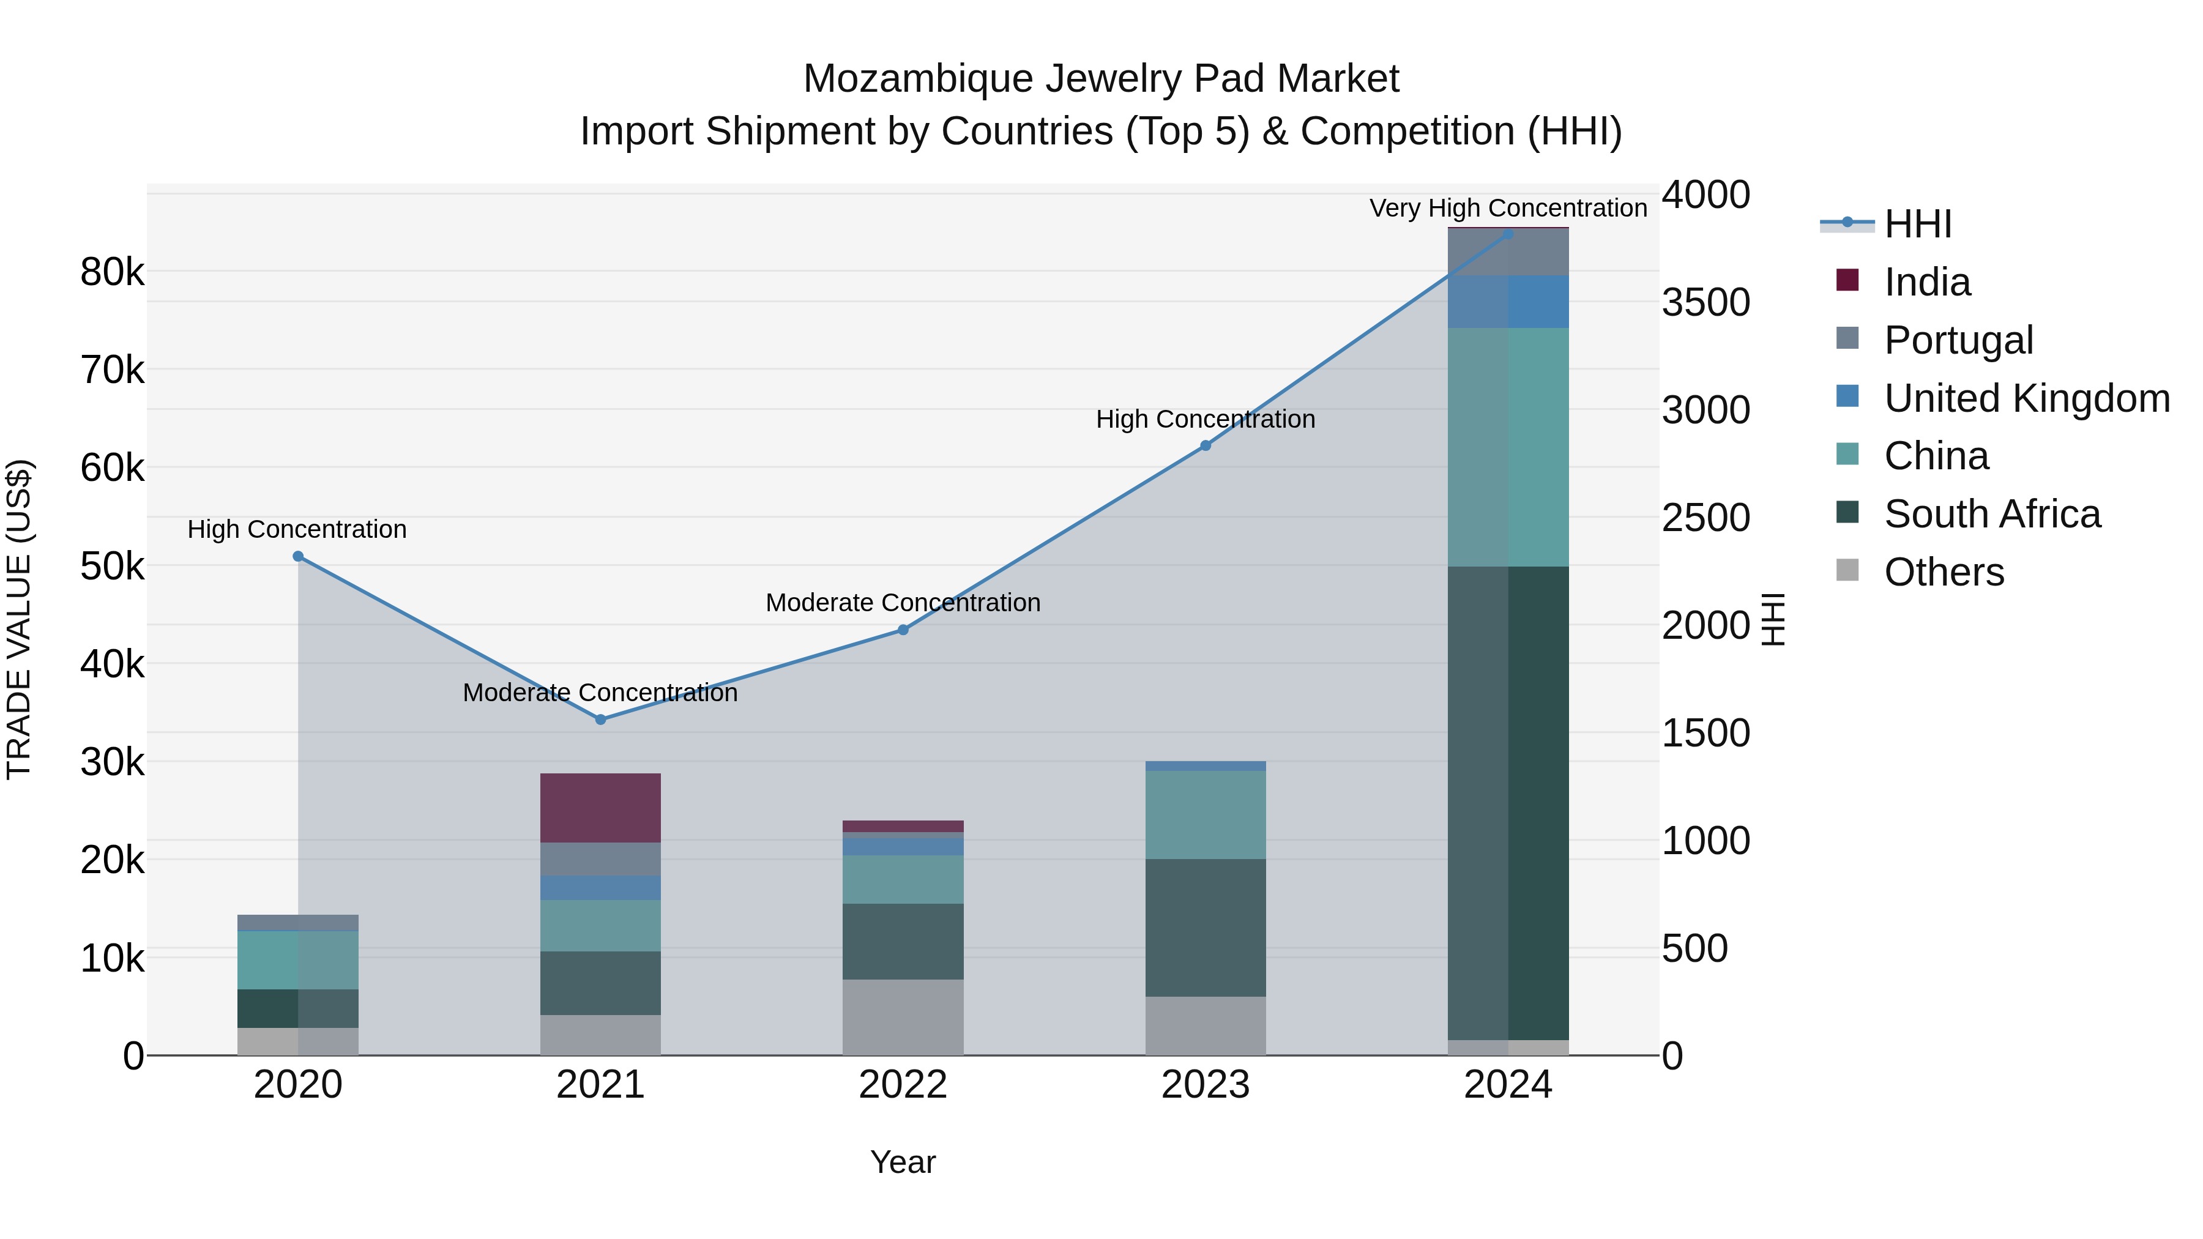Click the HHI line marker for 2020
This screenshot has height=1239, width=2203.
coord(297,557)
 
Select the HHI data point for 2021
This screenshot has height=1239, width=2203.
coord(600,720)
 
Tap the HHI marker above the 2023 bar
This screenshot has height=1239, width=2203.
coord(1205,445)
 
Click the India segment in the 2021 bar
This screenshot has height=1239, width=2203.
coord(600,808)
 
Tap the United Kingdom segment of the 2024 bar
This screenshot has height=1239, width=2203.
coord(1508,301)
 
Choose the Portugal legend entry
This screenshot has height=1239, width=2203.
coord(1958,340)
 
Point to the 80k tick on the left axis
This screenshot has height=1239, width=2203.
coord(112,273)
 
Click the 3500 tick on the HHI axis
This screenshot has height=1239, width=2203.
coord(1705,303)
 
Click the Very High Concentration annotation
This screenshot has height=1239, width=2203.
coord(1508,208)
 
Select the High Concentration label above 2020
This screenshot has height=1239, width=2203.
coord(297,529)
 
